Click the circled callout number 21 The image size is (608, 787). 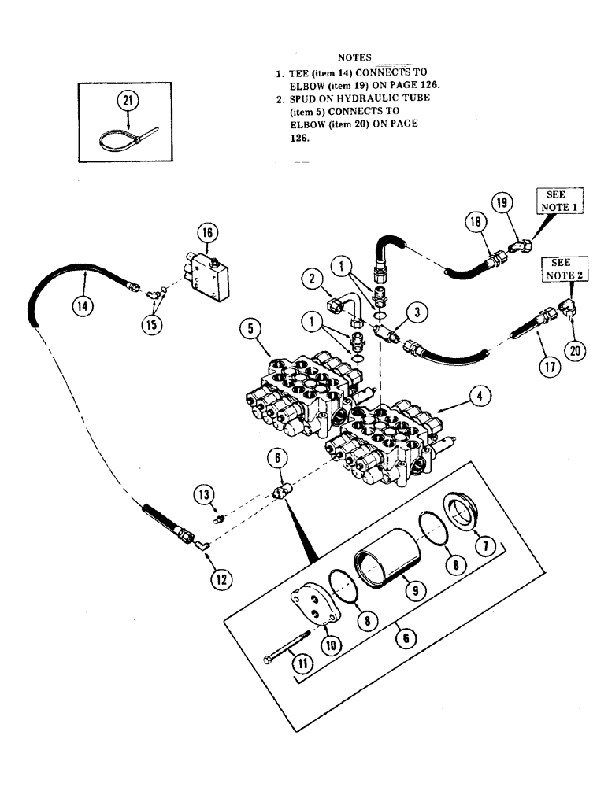pos(127,100)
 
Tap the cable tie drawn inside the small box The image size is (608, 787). pos(126,142)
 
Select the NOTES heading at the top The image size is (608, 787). pos(354,57)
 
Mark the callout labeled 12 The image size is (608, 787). pos(221,580)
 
